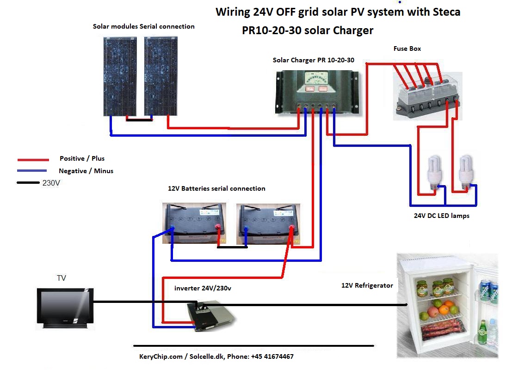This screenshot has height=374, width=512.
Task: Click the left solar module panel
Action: pos(120,77)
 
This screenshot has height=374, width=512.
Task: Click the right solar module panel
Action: pos(160,76)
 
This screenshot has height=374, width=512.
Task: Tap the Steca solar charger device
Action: pos(317,92)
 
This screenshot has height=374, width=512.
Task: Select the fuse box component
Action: pos(428,96)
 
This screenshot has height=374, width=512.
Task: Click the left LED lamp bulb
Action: pos(435,173)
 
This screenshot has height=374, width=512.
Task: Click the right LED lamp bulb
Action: pos(466,173)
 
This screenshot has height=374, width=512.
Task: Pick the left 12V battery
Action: pos(194,223)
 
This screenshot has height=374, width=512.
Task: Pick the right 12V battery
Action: pos(268,224)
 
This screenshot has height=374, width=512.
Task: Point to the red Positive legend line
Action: pos(33,160)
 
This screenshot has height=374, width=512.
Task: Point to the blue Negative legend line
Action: pos(32,170)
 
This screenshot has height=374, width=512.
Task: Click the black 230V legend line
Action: pos(28,182)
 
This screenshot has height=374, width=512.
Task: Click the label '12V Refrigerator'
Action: pos(367,285)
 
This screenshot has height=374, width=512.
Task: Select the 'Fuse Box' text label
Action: pos(407,48)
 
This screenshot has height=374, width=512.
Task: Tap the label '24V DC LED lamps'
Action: pos(442,216)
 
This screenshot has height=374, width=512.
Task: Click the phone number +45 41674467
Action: pos(272,356)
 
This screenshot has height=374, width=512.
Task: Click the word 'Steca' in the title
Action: pos(446,12)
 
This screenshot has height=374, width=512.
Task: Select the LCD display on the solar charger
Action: pos(316,78)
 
